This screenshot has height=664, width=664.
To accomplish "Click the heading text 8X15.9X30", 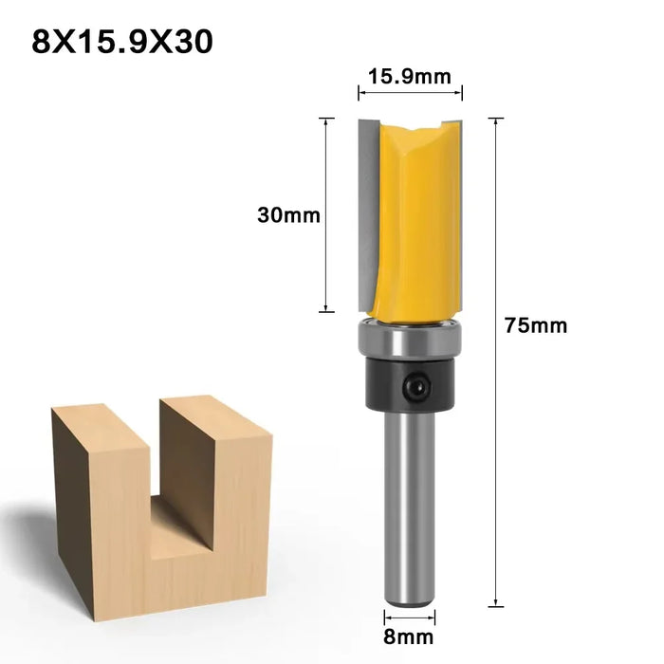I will click(x=123, y=43).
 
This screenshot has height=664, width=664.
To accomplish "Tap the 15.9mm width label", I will click(x=410, y=77).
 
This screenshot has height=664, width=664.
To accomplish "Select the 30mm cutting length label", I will click(x=288, y=215).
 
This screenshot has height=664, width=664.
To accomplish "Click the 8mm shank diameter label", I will click(x=410, y=637).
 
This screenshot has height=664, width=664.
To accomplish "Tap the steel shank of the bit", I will click(x=410, y=503).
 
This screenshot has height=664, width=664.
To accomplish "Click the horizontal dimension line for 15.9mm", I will click(x=410, y=93).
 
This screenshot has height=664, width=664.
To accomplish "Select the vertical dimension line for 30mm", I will click(x=326, y=214).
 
